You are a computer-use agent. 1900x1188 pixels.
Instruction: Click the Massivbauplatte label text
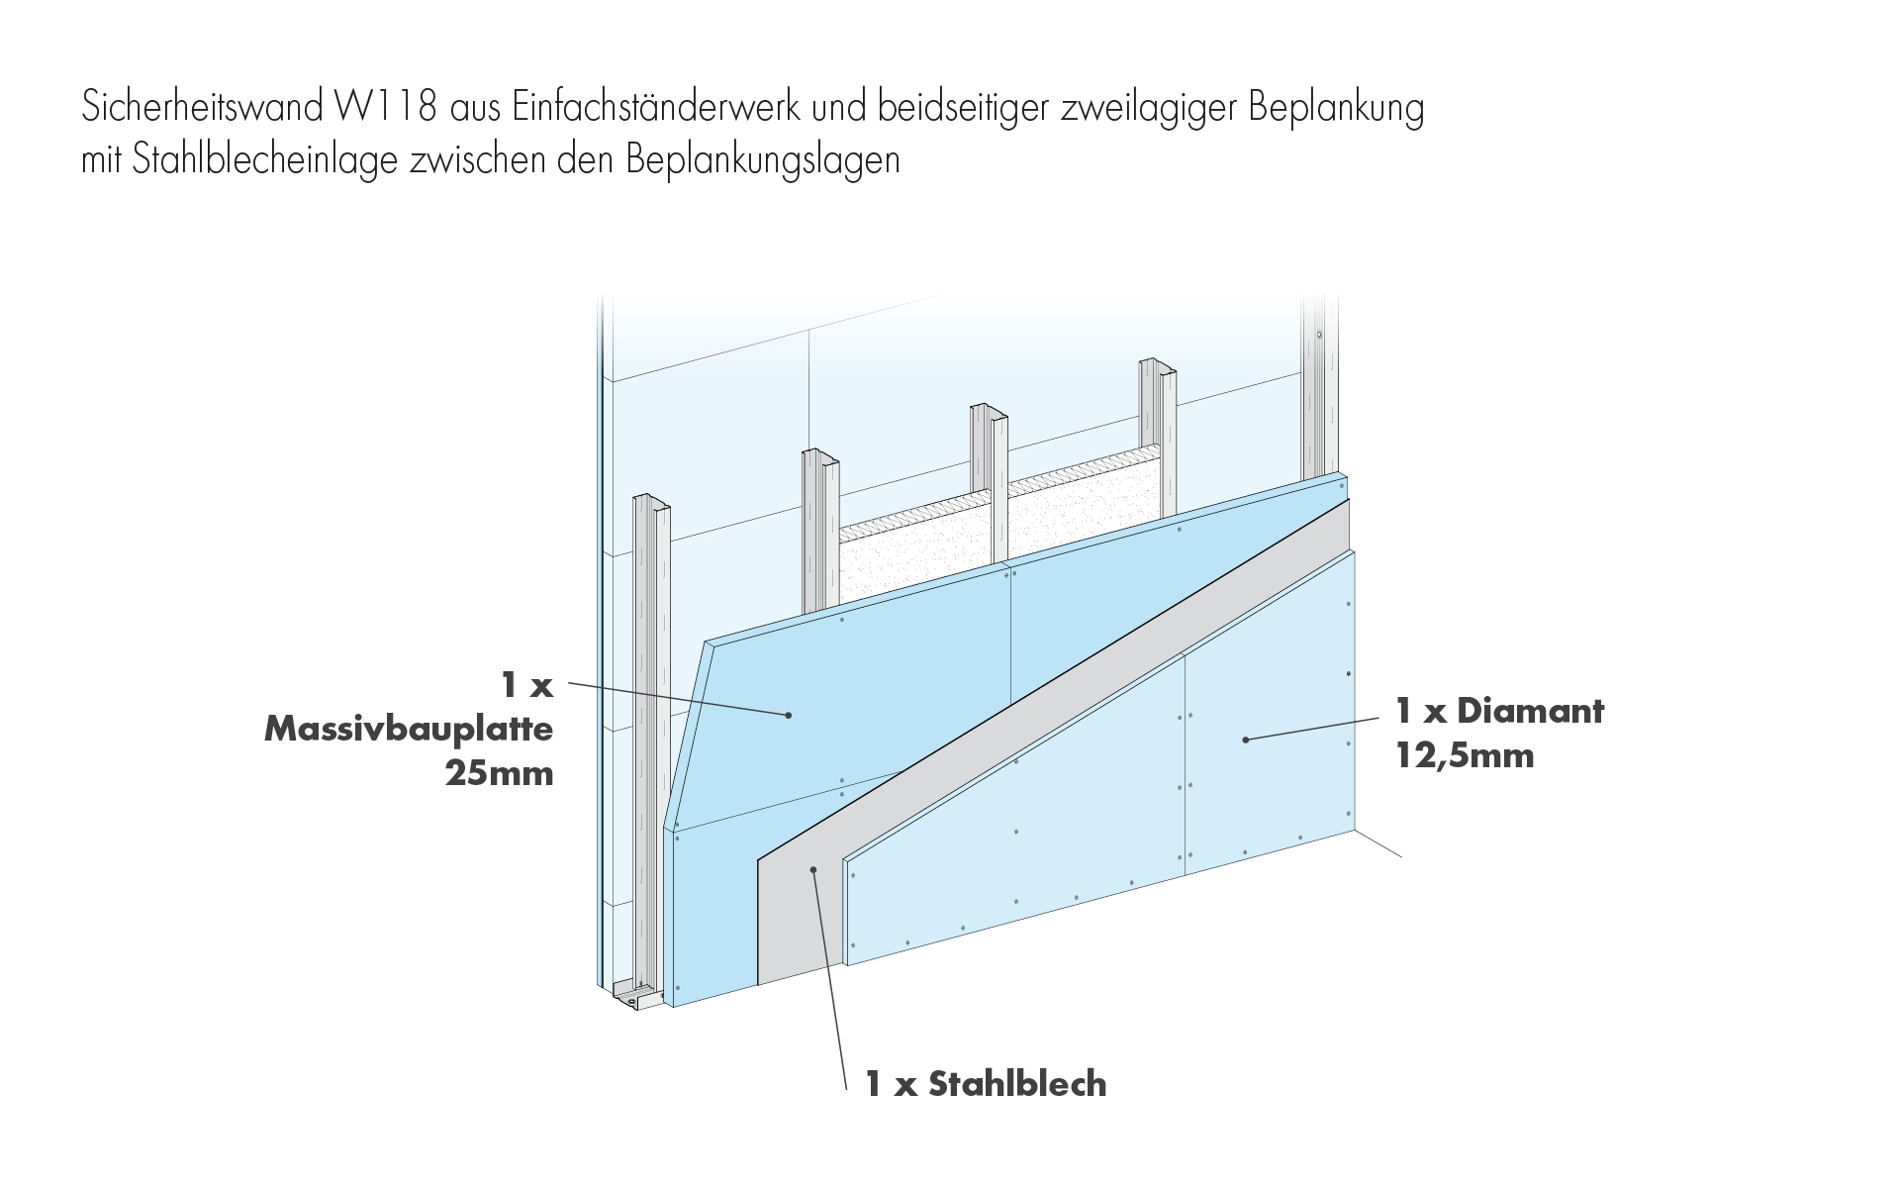pyautogui.click(x=409, y=731)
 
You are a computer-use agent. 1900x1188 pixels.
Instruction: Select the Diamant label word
pyautogui.click(x=1530, y=711)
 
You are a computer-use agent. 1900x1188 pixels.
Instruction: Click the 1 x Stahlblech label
pyautogui.click(x=986, y=1085)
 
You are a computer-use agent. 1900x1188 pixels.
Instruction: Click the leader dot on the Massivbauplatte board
pyautogui.click(x=788, y=715)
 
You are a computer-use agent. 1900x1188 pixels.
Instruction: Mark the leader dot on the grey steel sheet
pyautogui.click(x=812, y=869)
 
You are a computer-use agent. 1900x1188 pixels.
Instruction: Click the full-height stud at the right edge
pyautogui.click(x=1320, y=386)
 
